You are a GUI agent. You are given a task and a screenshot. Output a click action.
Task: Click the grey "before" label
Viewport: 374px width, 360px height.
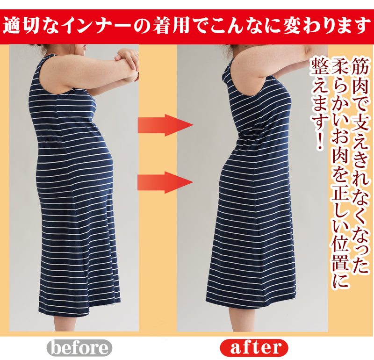79,347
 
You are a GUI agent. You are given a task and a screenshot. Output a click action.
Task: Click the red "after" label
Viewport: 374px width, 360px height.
254,347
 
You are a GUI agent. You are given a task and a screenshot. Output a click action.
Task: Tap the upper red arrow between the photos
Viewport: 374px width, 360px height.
165,125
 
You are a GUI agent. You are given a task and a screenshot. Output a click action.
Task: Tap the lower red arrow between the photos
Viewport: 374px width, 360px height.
165,182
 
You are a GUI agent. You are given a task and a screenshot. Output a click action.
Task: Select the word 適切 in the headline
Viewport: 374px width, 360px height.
21,26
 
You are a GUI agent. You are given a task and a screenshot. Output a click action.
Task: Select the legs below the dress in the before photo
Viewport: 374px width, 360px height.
72,323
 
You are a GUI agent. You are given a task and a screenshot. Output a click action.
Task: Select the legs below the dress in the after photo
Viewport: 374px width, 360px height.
246,320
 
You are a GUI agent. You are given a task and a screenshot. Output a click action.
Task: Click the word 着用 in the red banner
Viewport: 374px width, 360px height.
171,26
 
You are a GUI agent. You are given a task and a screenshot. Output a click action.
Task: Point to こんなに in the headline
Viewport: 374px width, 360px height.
243,26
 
